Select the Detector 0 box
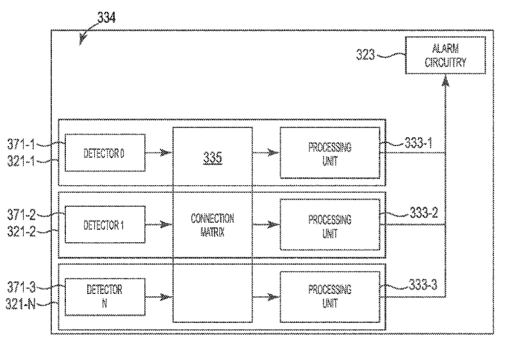tap(105, 154)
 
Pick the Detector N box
tap(105, 297)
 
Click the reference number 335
tap(213, 156)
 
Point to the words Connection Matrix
tap(213, 224)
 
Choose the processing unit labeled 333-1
tap(330, 152)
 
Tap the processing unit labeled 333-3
tap(330, 296)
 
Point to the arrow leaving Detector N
tap(159, 297)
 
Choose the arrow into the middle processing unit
tap(266, 225)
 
